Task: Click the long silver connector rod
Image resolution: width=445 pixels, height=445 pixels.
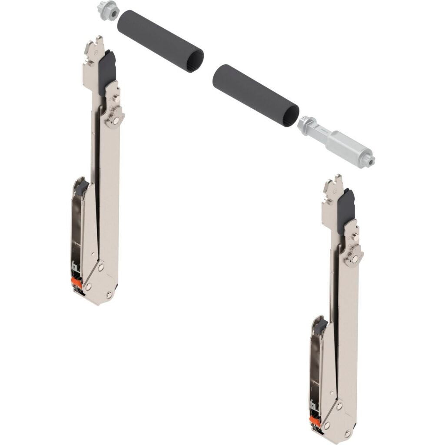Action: tap(336, 139)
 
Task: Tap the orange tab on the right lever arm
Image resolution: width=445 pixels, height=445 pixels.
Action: tap(314, 421)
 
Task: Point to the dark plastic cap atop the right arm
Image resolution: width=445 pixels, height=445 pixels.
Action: tap(346, 208)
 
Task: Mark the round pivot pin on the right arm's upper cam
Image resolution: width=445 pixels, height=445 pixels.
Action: tap(355, 259)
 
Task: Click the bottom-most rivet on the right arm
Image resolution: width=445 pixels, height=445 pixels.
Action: tap(347, 433)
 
